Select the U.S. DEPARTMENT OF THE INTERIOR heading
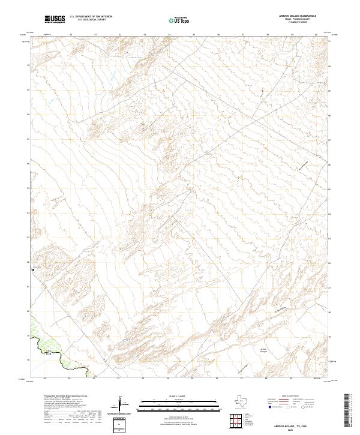(x=91, y=17)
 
